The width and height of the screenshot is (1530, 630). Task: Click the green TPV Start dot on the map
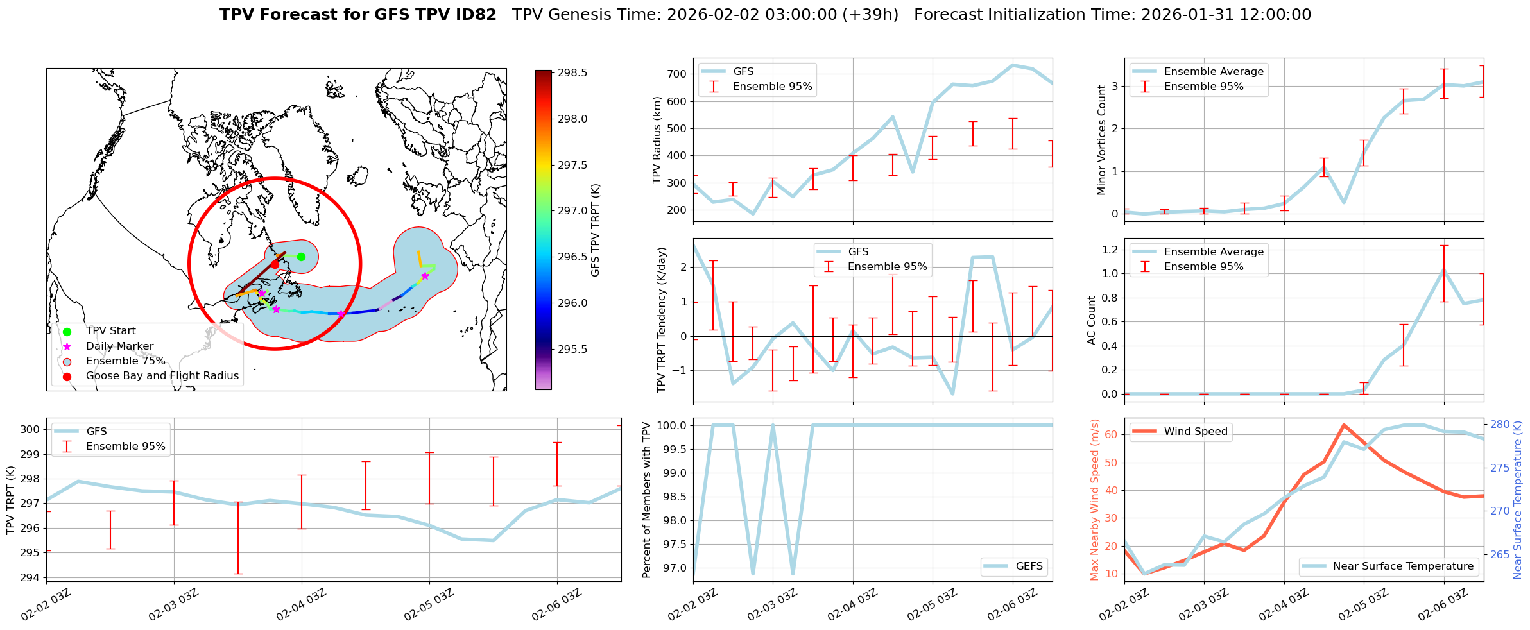301,257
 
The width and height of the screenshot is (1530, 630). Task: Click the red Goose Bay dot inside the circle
275,264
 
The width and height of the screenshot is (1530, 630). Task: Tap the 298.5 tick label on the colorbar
572,73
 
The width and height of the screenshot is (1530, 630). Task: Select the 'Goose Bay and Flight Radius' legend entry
162,376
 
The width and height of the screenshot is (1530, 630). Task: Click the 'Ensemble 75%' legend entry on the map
125,361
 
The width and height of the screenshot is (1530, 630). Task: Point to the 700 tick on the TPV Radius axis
677,74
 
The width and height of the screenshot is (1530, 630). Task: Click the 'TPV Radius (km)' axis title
657,140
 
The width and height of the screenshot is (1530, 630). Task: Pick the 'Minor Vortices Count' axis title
1101,140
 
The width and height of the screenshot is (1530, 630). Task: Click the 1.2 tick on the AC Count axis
1111,250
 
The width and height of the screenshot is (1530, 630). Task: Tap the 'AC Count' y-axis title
1091,320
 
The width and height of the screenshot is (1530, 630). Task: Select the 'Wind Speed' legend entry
1195,432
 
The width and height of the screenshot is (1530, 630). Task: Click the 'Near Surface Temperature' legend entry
1402,566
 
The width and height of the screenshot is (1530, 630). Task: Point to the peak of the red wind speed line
1343,425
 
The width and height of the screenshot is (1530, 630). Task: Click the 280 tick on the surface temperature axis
1500,425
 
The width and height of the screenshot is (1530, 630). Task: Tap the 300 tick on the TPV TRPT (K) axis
30,430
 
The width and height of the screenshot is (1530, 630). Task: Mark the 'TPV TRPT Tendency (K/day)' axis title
662,320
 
